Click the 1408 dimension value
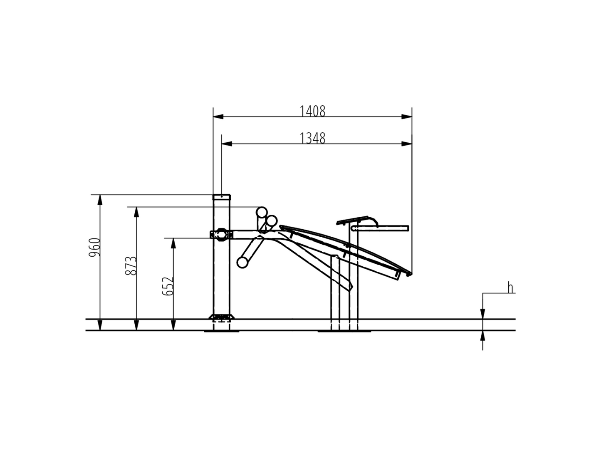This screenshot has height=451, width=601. [312, 111]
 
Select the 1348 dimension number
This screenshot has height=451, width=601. [312, 138]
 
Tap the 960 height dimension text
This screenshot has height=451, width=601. [95, 247]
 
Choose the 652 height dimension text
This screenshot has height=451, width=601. [168, 286]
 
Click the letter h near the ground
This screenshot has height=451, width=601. [510, 288]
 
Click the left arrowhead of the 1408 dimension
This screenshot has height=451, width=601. [218, 116]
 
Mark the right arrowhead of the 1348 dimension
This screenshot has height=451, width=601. [407, 144]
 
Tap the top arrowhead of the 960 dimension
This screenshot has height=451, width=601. [100, 200]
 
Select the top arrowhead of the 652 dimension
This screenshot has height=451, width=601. [173, 243]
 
